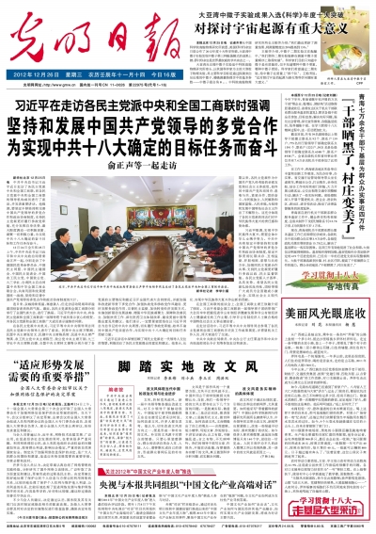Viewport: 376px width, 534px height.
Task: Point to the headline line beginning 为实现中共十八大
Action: [141, 148]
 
